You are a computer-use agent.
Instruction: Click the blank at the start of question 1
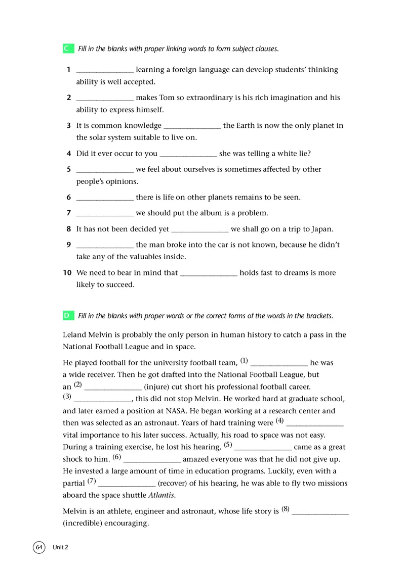(105, 70)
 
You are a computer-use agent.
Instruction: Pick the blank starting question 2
(105, 98)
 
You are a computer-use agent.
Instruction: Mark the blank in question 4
(188, 154)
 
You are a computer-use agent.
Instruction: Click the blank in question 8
(200, 229)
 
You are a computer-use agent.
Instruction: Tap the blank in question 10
(209, 273)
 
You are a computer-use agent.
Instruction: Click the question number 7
(68, 213)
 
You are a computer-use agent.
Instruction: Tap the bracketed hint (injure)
(161, 387)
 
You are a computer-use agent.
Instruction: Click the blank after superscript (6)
(152, 459)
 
